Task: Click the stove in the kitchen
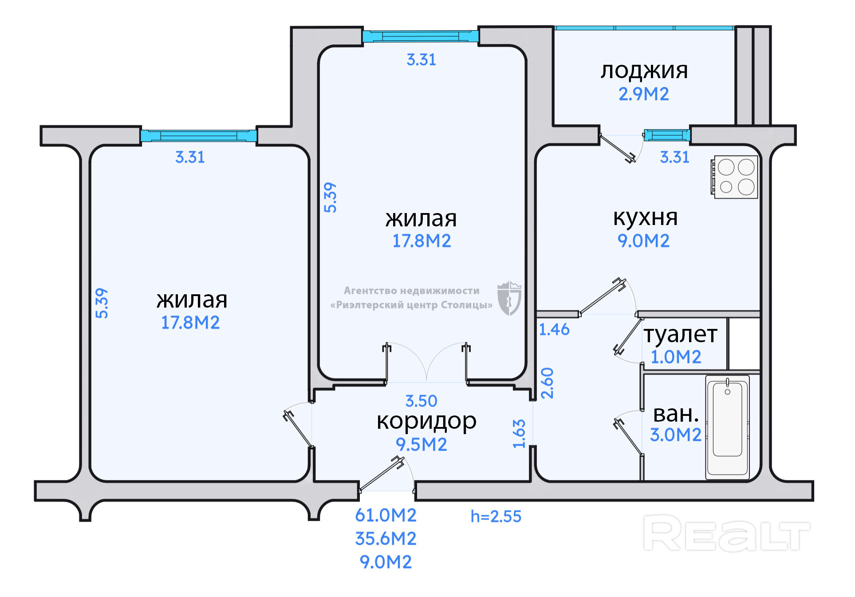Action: click(735, 177)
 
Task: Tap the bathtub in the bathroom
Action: click(727, 427)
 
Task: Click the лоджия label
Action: click(644, 71)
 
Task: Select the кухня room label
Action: click(645, 217)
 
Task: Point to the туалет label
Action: click(680, 334)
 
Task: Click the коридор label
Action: click(426, 421)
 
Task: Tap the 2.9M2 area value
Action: click(643, 94)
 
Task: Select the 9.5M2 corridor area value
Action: click(421, 444)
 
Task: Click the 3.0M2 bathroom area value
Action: click(675, 435)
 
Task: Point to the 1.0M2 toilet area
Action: click(675, 357)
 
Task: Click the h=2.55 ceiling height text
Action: click(496, 516)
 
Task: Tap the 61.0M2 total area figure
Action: click(386, 515)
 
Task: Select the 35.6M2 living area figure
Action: click(386, 539)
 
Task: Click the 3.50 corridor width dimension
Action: click(421, 401)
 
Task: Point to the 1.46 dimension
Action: click(554, 329)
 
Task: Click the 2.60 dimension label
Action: click(548, 383)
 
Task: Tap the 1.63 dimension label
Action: click(519, 434)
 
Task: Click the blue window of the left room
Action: click(198, 135)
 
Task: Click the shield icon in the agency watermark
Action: click(509, 298)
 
